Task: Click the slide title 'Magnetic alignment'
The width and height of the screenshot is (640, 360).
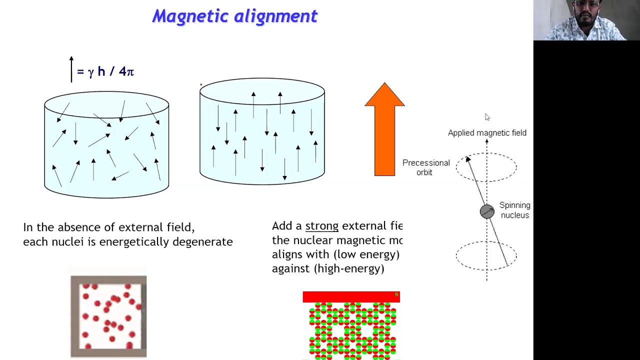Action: (x=235, y=16)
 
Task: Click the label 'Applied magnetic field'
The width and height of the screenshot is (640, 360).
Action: (x=487, y=133)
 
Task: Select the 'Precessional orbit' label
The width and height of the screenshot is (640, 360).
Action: (x=425, y=167)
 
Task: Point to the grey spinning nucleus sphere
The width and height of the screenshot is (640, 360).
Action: (x=487, y=211)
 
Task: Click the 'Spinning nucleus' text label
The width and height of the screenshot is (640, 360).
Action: (x=514, y=210)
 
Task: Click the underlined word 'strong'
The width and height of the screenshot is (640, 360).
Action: (x=321, y=226)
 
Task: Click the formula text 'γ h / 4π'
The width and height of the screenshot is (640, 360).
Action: (x=110, y=71)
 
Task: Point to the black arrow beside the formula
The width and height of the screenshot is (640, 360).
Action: (x=71, y=69)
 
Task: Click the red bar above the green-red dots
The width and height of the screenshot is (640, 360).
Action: (x=351, y=297)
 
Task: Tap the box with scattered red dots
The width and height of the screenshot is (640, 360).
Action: (x=108, y=316)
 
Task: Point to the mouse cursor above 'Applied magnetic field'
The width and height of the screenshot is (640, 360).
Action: (x=487, y=117)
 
